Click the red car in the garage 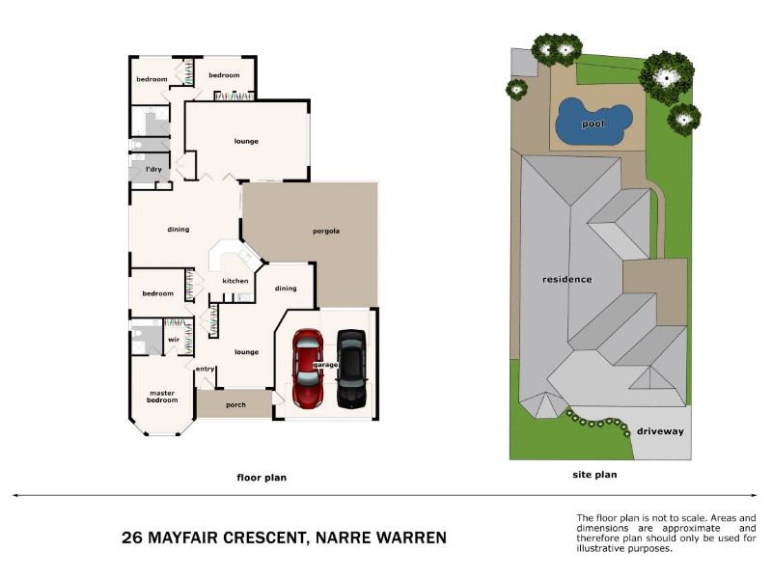click(308, 369)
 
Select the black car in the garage click(352, 369)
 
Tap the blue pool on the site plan click(593, 122)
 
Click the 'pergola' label click(326, 231)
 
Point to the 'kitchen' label click(235, 281)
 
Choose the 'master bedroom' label click(162, 397)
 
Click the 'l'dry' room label click(153, 169)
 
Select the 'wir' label click(174, 340)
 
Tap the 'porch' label click(235, 404)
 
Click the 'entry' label click(205, 369)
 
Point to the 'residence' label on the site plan click(566, 279)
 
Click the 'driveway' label click(660, 431)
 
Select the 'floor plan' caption click(262, 477)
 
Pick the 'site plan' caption click(594, 475)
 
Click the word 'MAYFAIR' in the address click(182, 538)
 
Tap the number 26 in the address click(132, 538)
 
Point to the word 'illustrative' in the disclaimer click(600, 548)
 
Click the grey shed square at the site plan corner click(524, 63)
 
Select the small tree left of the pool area click(516, 90)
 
